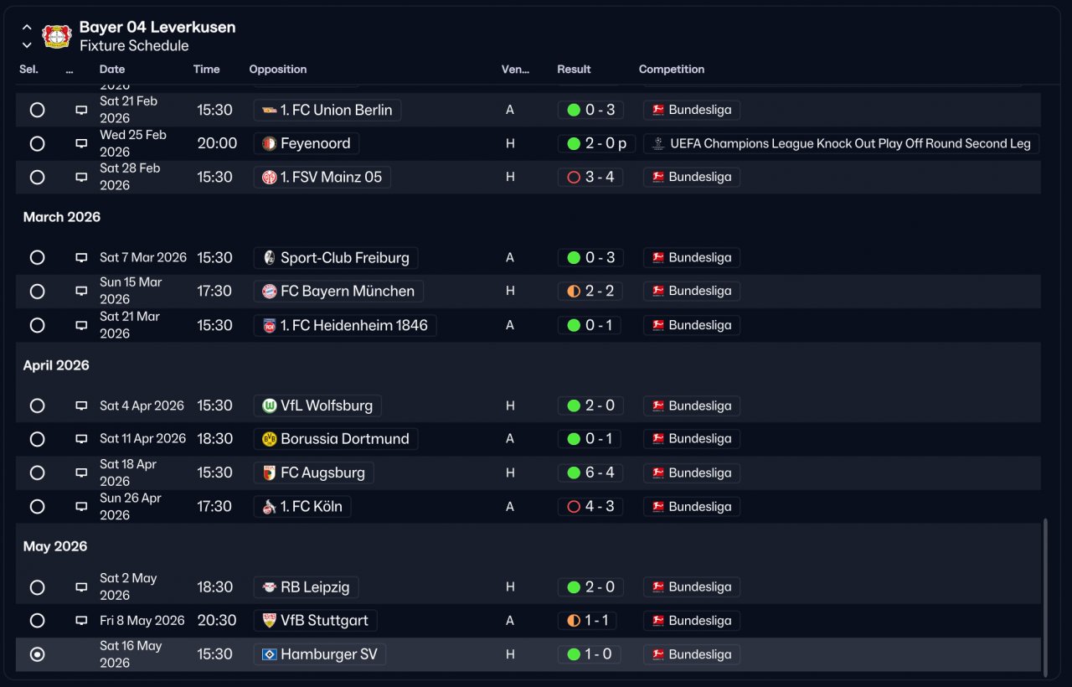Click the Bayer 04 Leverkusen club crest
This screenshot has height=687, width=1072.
tap(57, 36)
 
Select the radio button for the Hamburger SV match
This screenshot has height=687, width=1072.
tap(37, 654)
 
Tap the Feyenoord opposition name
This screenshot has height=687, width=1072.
tap(316, 143)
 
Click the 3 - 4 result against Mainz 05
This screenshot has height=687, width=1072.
tap(590, 177)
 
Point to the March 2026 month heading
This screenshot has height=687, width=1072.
tap(62, 217)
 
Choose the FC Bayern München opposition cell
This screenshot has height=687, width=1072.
tap(338, 291)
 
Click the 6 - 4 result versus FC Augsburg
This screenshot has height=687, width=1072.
tap(590, 473)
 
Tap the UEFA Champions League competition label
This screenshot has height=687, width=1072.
tap(842, 143)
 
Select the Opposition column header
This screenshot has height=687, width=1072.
tap(277, 69)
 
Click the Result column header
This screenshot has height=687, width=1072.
tap(574, 69)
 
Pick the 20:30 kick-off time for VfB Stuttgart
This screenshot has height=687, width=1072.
tap(217, 621)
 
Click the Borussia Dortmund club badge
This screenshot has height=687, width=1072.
tap(270, 439)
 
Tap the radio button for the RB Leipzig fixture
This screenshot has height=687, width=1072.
tap(37, 587)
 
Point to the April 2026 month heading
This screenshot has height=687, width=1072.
tap(56, 365)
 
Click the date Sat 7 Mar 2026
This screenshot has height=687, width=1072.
tap(143, 257)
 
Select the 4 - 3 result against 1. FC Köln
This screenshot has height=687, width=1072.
tap(590, 507)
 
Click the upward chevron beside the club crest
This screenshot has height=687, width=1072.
tap(27, 28)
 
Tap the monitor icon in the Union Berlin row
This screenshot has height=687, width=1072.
tap(81, 110)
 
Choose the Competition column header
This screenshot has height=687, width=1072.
tap(672, 69)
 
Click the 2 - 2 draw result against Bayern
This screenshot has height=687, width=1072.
tap(590, 291)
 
